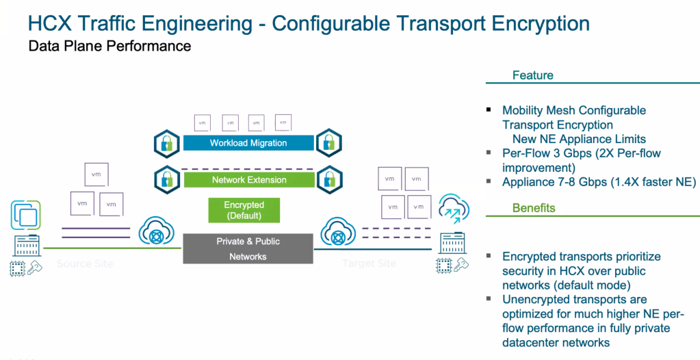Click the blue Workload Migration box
[x=248, y=143]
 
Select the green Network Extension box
[x=248, y=180]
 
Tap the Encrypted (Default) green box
[x=244, y=210]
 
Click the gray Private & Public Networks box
[x=248, y=248]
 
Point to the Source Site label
[x=85, y=263]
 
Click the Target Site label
[x=369, y=263]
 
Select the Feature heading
[x=532, y=75]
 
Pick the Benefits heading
[x=534, y=207]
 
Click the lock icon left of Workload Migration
[x=166, y=142]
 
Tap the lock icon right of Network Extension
[x=328, y=179]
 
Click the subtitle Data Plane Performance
[x=109, y=47]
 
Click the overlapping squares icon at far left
[x=25, y=214]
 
